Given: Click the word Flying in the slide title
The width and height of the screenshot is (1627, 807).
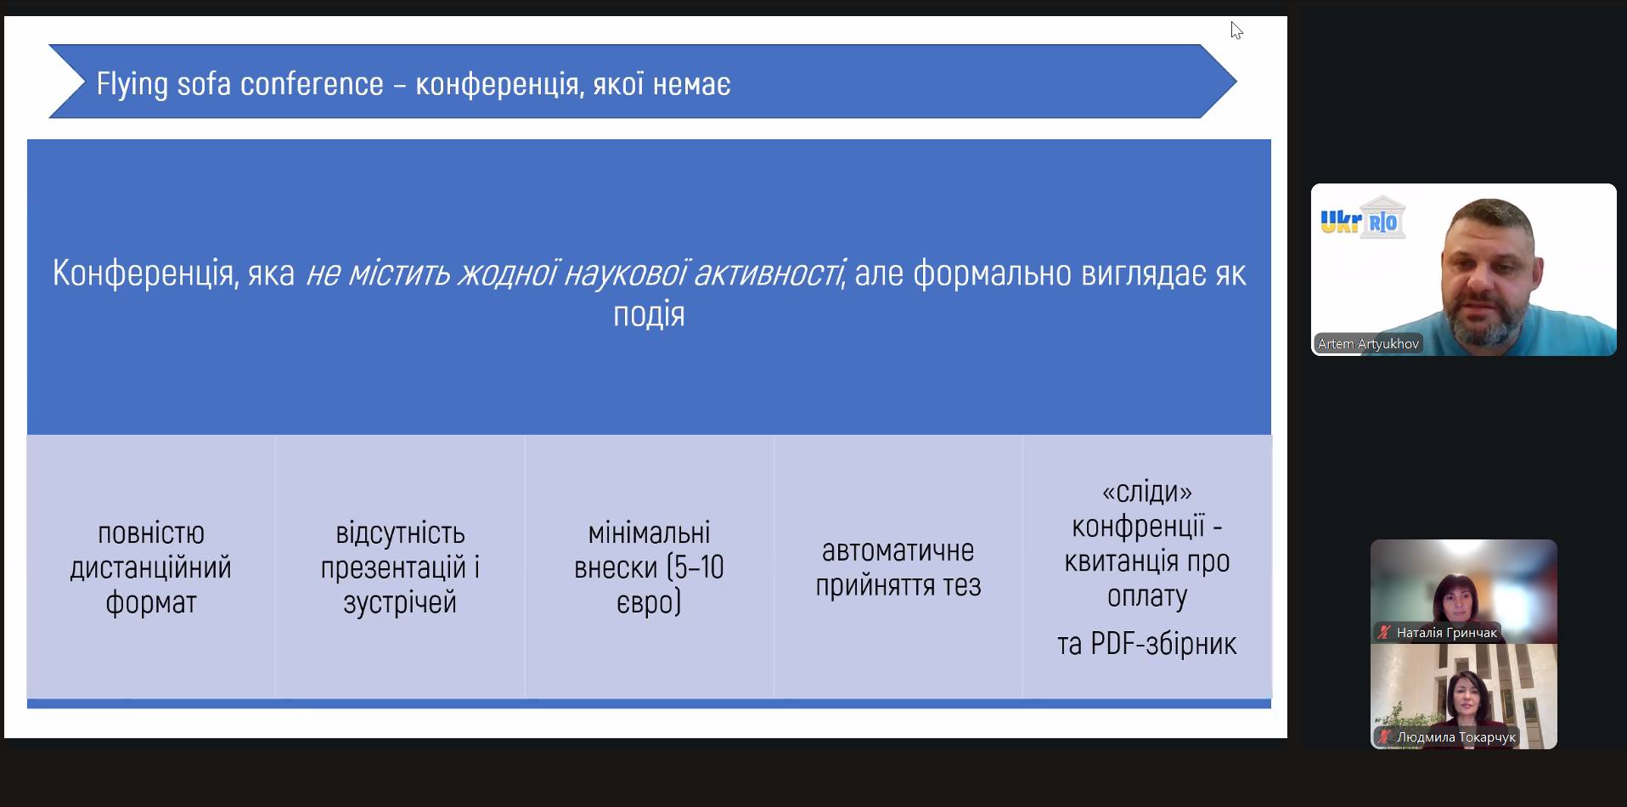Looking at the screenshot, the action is click(x=132, y=84).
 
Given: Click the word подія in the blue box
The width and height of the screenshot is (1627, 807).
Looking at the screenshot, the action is click(x=649, y=314).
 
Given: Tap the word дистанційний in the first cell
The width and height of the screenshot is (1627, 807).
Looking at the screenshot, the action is click(x=151, y=567).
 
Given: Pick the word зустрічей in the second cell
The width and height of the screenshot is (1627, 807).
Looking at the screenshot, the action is click(x=400, y=602).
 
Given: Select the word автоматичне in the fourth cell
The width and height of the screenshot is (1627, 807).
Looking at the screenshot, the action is click(x=898, y=550).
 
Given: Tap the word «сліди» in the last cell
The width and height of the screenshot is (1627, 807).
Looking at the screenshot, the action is click(x=1147, y=492).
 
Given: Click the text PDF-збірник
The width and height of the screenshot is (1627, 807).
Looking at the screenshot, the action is click(x=1163, y=644).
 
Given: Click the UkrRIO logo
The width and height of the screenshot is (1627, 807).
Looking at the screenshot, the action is click(x=1363, y=218).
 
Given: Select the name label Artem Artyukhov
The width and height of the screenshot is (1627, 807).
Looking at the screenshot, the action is click(x=1368, y=344).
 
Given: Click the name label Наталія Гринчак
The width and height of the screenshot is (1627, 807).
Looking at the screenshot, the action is click(x=1447, y=633).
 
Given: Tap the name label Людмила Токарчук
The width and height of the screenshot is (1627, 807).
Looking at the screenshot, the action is click(x=1456, y=737).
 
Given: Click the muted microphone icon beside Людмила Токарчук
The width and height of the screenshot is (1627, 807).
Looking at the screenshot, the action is click(x=1385, y=737).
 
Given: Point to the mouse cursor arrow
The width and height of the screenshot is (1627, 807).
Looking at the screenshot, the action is click(x=1236, y=31).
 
